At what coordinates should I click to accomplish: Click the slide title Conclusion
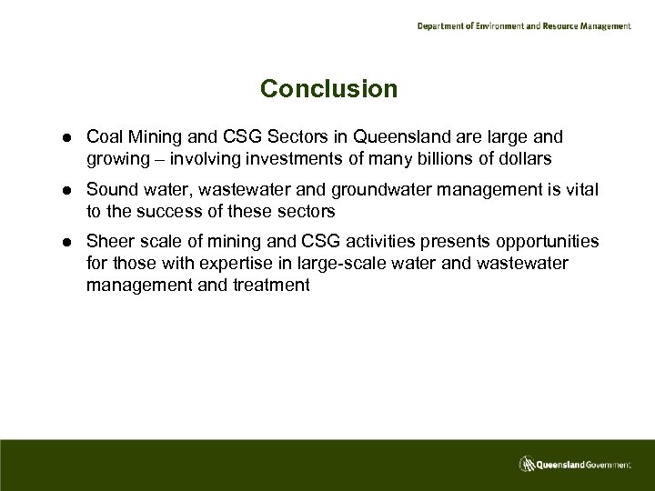coord(328,89)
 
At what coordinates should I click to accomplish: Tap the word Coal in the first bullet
coord(103,136)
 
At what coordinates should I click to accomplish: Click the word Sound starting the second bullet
coord(110,189)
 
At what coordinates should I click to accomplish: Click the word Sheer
coord(108,242)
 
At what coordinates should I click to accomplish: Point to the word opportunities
coord(547,242)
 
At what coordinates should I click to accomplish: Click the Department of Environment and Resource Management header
coord(523,26)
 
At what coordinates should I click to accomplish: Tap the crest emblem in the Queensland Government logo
coord(526,465)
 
